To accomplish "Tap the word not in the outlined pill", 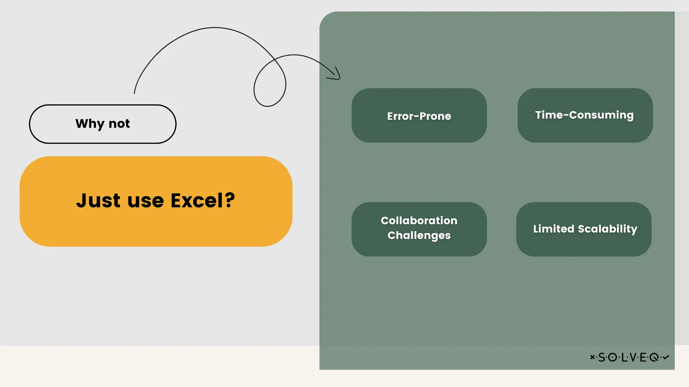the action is [119, 124].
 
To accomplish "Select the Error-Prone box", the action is [419, 115].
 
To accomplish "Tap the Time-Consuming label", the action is [584, 115].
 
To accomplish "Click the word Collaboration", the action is [419, 221].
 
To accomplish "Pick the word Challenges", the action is [419, 236].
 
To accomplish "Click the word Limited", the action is [554, 229].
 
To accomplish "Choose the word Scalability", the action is [607, 229].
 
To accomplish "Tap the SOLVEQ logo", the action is [629, 357].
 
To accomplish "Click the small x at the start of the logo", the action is [592, 357].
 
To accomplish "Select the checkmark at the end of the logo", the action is [666, 357].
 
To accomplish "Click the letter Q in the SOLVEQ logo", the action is [654, 358].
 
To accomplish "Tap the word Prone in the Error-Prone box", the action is [435, 116].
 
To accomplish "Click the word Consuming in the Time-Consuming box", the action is [601, 115].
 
